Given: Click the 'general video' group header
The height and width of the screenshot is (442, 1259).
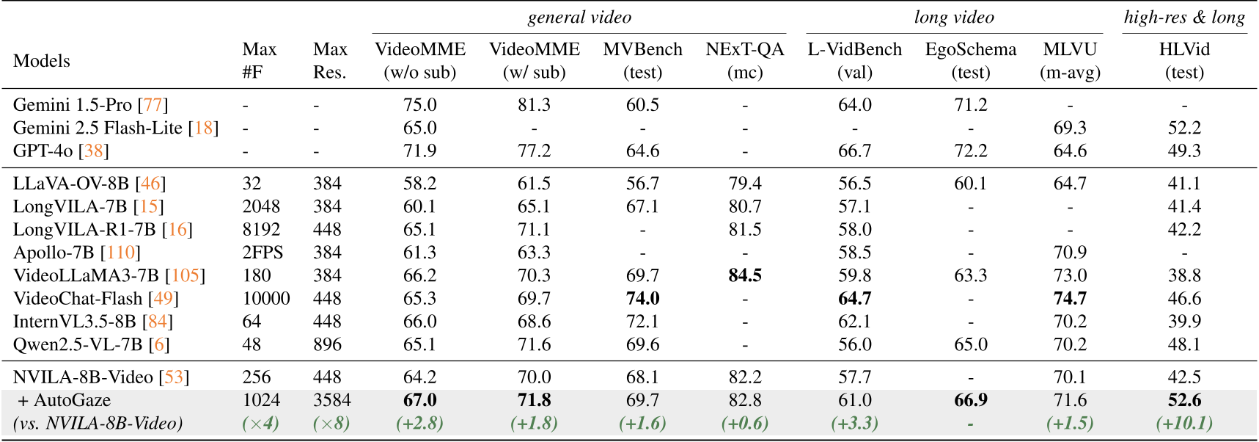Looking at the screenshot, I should [x=579, y=18].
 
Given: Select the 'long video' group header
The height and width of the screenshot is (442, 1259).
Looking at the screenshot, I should [x=954, y=18].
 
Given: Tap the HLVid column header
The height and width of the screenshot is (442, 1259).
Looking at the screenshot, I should [x=1184, y=60].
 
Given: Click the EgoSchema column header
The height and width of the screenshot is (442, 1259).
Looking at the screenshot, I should [x=971, y=60].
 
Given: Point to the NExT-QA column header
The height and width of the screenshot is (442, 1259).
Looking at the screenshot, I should [x=745, y=60].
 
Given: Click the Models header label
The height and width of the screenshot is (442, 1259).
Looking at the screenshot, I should [x=42, y=61].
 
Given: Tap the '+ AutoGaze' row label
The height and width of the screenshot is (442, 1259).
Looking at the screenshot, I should [x=65, y=400].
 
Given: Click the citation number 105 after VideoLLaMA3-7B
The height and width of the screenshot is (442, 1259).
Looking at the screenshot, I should [x=185, y=276].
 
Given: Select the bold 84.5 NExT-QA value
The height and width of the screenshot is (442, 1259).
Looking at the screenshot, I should [x=745, y=276].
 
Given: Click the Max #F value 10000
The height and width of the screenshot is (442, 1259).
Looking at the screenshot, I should [x=266, y=299].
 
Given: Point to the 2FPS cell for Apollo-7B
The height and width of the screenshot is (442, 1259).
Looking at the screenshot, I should [x=263, y=253].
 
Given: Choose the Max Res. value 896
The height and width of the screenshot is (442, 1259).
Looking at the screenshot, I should [x=327, y=345].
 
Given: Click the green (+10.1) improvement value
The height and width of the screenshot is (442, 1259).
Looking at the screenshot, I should [x=1184, y=424].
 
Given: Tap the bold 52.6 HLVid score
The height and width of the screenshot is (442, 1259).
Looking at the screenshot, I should [x=1184, y=400].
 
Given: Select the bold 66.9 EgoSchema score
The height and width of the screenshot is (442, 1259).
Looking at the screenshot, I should [x=971, y=400].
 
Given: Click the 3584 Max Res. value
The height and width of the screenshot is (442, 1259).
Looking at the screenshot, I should [x=331, y=400].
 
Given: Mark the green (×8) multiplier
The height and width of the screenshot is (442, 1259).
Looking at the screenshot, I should [x=331, y=424].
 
